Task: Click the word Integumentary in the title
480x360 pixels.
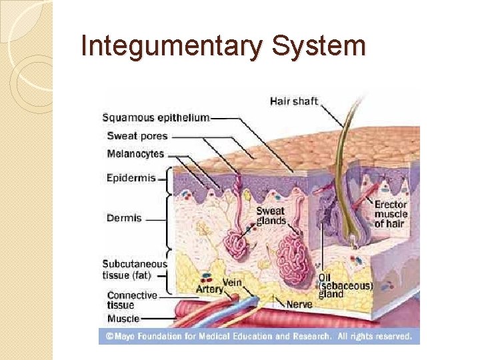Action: pyautogui.click(x=169, y=47)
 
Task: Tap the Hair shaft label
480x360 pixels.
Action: pyautogui.click(x=294, y=102)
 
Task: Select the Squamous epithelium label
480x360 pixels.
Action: pyautogui.click(x=155, y=118)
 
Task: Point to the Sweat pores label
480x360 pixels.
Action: pyautogui.click(x=137, y=136)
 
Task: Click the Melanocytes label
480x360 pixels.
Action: pyautogui.click(x=135, y=154)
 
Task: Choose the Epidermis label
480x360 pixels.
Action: pyautogui.click(x=131, y=178)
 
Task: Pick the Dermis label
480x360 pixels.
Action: pyautogui.click(x=124, y=218)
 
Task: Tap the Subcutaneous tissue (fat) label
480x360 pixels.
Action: pyautogui.click(x=135, y=269)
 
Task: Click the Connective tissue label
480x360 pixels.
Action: pyautogui.click(x=132, y=300)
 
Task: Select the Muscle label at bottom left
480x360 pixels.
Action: pyautogui.click(x=123, y=319)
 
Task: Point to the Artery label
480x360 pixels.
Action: pyautogui.click(x=209, y=289)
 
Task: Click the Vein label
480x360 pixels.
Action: pyautogui.click(x=231, y=282)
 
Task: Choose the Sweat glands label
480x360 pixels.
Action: pyautogui.click(x=271, y=216)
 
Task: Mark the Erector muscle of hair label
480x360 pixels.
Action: pyautogui.click(x=391, y=214)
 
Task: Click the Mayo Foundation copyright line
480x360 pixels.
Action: pyautogui.click(x=259, y=337)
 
